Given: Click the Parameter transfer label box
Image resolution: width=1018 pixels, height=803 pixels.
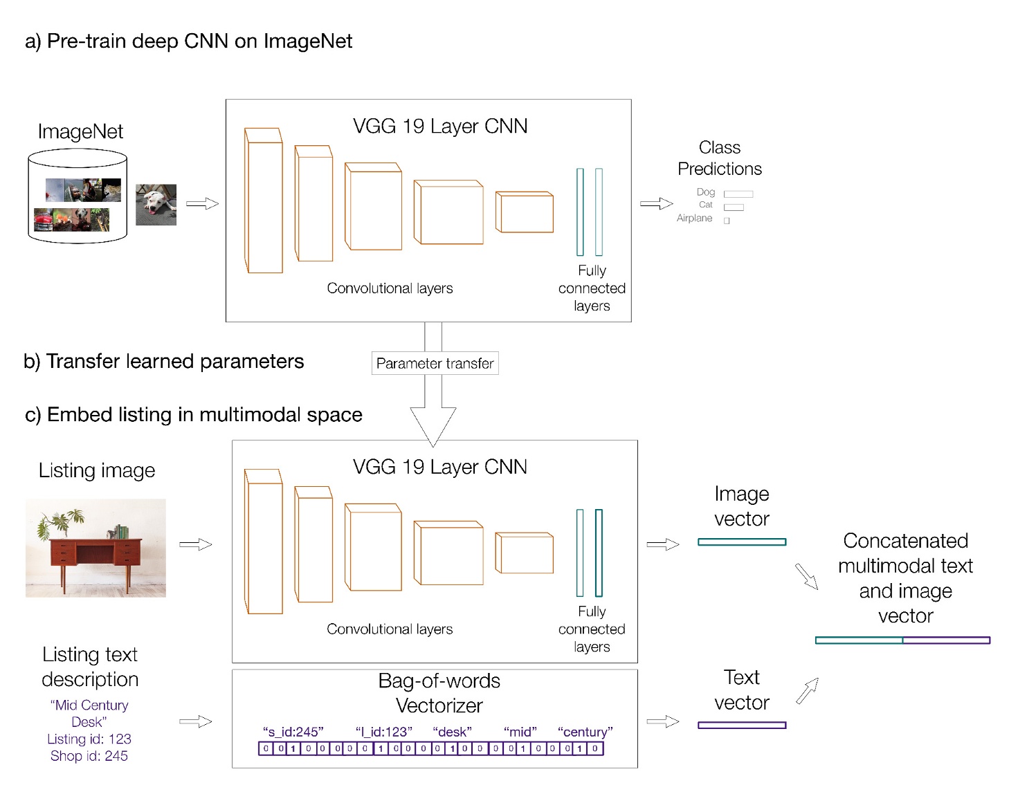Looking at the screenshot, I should (435, 363).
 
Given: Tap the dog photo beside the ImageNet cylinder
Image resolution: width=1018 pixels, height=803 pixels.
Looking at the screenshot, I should (156, 205).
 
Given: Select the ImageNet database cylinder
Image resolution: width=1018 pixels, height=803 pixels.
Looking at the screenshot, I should (78, 198).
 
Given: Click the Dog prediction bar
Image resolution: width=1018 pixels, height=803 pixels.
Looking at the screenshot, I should (738, 194).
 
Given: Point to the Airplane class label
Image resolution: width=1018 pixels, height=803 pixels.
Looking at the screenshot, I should (694, 219).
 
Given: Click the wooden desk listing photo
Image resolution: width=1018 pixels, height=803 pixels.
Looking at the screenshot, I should (96, 548).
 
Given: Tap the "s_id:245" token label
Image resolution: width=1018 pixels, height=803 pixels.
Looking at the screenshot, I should (293, 732).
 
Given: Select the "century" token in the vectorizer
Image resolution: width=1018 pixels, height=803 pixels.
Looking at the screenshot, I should (585, 732).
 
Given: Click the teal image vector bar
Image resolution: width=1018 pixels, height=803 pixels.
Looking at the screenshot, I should (742, 542).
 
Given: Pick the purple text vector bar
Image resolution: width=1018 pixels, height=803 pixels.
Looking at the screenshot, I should (742, 725).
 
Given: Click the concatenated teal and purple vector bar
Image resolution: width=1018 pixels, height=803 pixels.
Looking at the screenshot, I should (902, 640).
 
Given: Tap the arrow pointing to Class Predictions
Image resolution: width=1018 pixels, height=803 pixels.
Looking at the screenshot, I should (656, 203).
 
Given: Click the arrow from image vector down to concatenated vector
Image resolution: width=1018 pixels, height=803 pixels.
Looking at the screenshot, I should (806, 576).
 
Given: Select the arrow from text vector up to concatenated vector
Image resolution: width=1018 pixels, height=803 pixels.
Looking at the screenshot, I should (807, 691).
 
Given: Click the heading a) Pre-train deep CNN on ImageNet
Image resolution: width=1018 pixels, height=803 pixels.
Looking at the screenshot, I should (188, 41).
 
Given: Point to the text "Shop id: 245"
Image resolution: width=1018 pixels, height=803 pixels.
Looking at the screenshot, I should (89, 756).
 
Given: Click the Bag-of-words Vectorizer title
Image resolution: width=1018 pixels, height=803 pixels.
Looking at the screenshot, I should (439, 693).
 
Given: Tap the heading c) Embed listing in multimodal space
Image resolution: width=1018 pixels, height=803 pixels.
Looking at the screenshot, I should (193, 414).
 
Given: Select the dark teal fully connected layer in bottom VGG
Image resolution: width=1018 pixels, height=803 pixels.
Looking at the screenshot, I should (599, 553).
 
